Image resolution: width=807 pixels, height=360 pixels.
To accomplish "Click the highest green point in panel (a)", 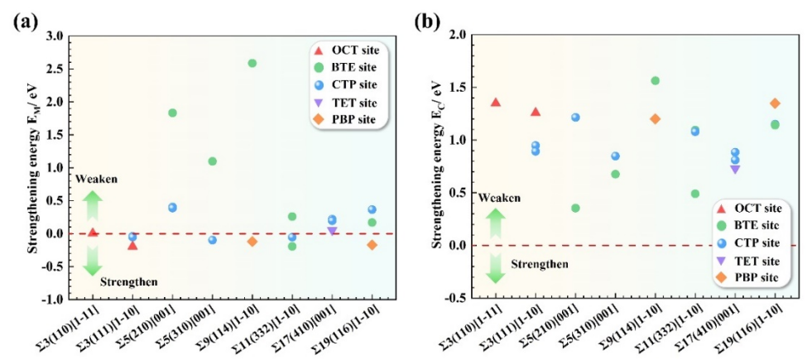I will [x=252, y=63].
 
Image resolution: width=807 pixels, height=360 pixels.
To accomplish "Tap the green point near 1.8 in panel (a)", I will [x=172, y=113].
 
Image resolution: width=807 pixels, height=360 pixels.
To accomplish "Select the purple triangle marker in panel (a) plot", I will [x=332, y=230].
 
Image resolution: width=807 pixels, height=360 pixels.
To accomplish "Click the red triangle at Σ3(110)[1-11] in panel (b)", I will [x=496, y=102].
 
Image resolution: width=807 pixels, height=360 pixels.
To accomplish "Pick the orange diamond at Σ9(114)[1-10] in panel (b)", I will [x=656, y=118].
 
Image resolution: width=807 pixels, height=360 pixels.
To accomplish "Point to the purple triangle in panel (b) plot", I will [x=735, y=169].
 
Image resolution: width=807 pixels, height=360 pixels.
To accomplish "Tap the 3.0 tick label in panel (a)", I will [x=54, y=36].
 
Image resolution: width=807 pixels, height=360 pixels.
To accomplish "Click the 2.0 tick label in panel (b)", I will [x=457, y=36].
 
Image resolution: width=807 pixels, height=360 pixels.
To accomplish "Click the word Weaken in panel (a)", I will [x=92, y=180].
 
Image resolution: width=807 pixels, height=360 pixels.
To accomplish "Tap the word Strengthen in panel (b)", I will [x=539, y=264].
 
